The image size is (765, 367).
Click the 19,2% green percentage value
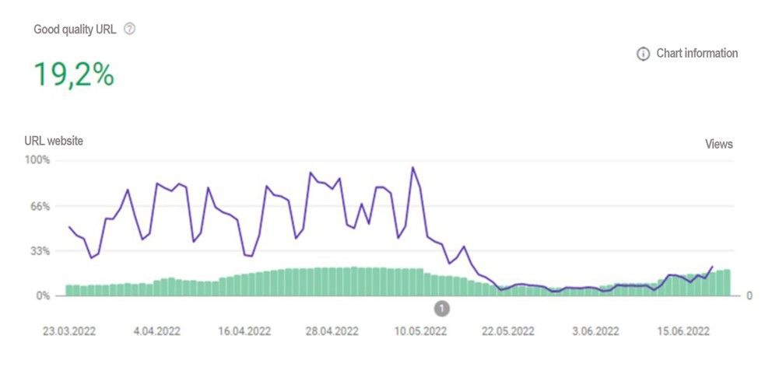(x=74, y=75)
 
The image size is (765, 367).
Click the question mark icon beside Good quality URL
(x=130, y=29)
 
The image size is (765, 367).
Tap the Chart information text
(x=697, y=54)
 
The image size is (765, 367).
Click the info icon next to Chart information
(x=643, y=54)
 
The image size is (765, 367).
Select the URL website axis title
(x=54, y=141)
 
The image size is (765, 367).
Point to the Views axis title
(x=718, y=144)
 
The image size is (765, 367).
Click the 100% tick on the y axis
(x=37, y=160)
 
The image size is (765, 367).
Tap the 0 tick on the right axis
(x=749, y=295)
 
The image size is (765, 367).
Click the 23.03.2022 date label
(x=69, y=330)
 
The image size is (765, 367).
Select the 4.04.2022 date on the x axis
(x=156, y=330)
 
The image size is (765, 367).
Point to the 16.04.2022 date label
(x=244, y=330)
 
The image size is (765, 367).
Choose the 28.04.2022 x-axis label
(x=332, y=330)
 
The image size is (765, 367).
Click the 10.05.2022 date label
(x=420, y=330)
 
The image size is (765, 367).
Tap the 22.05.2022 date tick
(x=508, y=330)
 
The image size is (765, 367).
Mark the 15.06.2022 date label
(x=683, y=330)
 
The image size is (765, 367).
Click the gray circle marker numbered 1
(x=442, y=309)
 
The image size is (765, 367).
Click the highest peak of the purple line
(x=413, y=167)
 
